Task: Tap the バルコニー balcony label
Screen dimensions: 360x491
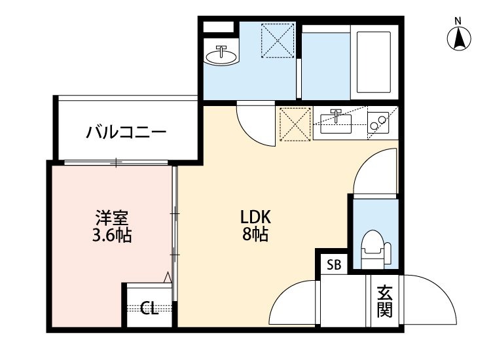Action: click(x=126, y=133)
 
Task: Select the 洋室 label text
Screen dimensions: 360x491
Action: click(x=112, y=217)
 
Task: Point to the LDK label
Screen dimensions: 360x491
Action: click(x=255, y=217)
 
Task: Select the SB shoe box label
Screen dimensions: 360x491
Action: click(x=334, y=265)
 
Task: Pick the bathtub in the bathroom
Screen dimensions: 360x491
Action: click(x=373, y=62)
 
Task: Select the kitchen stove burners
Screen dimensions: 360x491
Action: click(x=378, y=122)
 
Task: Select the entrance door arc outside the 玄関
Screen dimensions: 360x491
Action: click(x=429, y=298)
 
